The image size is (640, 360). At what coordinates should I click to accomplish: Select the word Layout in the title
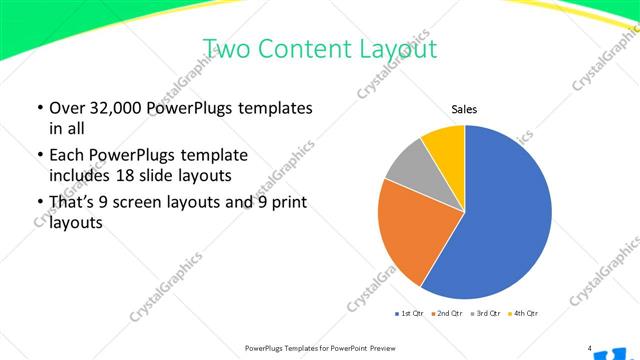click(395, 48)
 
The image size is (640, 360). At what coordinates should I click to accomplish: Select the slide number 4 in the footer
click(590, 348)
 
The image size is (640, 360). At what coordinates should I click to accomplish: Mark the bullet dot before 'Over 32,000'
click(39, 109)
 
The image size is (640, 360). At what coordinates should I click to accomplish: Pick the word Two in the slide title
click(224, 48)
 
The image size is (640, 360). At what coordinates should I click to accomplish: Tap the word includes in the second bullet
click(80, 175)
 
